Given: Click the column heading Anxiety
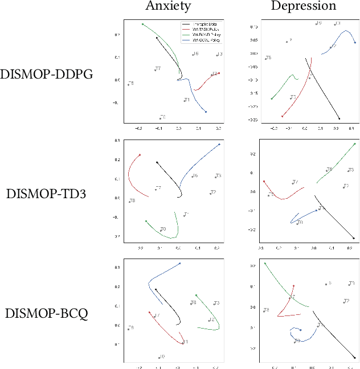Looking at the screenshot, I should click(x=169, y=6).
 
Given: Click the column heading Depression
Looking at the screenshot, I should click(x=303, y=6).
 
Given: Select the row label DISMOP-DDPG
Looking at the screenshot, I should click(x=47, y=75).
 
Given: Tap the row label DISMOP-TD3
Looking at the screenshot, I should click(x=47, y=193).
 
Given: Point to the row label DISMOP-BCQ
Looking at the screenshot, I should click(x=47, y=313).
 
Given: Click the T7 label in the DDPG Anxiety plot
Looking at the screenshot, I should click(x=158, y=69).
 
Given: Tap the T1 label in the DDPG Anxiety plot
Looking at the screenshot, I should click(x=187, y=100).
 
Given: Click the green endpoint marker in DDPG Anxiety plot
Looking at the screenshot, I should click(x=142, y=24).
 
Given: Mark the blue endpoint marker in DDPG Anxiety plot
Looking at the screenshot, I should click(x=206, y=112).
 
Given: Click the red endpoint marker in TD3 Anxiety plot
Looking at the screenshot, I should click(x=140, y=155).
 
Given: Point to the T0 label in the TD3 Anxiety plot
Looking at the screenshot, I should click(x=163, y=229).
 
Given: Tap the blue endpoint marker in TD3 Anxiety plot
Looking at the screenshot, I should click(x=219, y=144).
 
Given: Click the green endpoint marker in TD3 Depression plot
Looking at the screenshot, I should click(x=355, y=143).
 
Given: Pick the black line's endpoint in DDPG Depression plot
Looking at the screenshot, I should click(x=339, y=118).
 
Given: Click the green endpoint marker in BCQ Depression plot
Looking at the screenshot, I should click(x=265, y=264).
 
